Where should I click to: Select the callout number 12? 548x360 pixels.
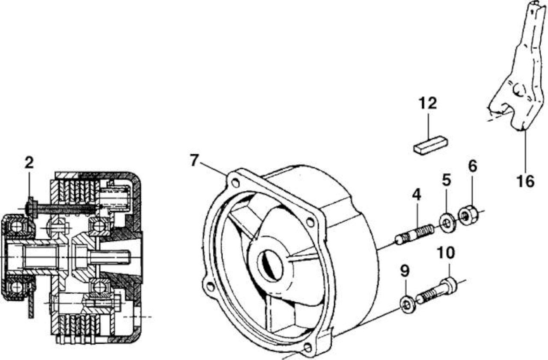pos(428,103)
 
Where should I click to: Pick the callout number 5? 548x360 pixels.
pos(447,180)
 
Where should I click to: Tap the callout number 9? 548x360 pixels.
pos(405,271)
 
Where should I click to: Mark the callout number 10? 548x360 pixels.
pos(447,253)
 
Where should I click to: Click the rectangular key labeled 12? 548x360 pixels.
pos(431,145)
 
